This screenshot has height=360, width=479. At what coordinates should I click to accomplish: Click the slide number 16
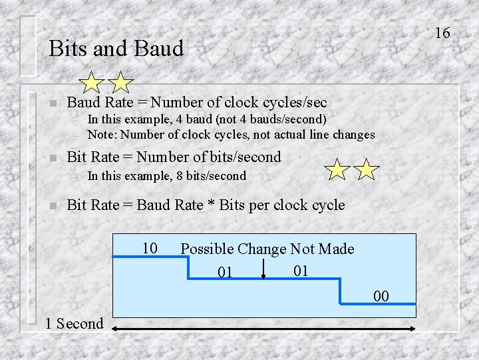[442, 33]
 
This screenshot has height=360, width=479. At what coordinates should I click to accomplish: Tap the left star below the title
[91, 83]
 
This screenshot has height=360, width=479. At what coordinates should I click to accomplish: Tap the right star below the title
[120, 83]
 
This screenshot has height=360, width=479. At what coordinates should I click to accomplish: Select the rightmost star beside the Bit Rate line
[367, 170]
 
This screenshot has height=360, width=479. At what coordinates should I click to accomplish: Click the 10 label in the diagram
[150, 249]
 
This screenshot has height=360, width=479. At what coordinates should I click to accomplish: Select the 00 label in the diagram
[381, 296]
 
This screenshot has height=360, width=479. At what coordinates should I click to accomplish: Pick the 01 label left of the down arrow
[226, 273]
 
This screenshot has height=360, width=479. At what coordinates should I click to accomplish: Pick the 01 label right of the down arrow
[301, 271]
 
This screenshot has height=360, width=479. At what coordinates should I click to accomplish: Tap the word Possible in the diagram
[207, 249]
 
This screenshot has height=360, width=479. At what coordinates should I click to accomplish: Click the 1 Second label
[75, 324]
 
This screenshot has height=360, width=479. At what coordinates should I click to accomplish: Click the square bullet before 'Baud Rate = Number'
[53, 103]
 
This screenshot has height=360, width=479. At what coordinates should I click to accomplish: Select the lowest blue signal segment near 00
[378, 304]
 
